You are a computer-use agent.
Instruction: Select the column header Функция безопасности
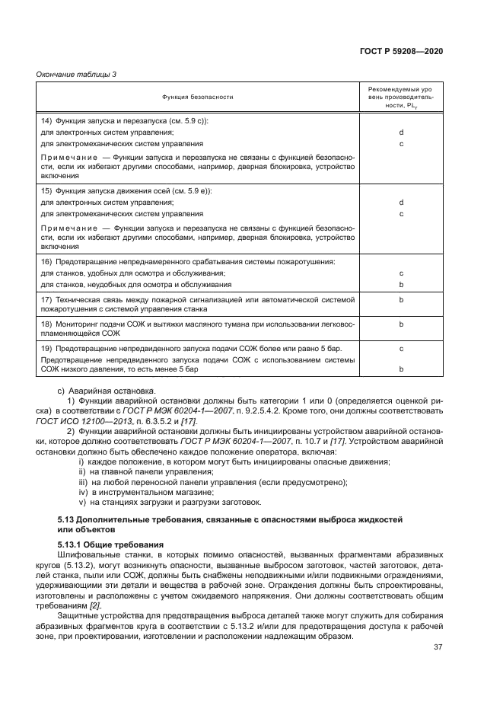(197, 97)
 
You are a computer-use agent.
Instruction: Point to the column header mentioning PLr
(400, 97)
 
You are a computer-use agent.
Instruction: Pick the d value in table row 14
(400, 133)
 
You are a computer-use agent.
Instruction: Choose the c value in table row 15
(400, 213)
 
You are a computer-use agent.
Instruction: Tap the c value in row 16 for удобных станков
(400, 273)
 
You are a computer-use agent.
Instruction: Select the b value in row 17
(400, 300)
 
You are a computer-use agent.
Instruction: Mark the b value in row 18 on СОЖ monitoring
(400, 324)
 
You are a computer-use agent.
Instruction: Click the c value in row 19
(400, 348)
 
